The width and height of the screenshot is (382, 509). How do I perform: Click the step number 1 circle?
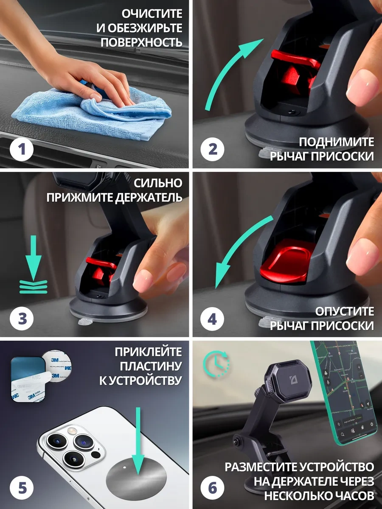(x=22, y=149)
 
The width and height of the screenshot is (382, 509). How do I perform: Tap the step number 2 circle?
(x=212, y=149)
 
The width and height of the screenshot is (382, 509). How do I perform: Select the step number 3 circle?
(x=22, y=319)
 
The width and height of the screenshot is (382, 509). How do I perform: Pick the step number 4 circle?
(x=212, y=319)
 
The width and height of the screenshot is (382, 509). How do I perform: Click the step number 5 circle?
(x=22, y=488)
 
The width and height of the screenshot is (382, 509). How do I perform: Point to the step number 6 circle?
(x=212, y=488)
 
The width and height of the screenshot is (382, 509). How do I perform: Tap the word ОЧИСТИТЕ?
(x=152, y=14)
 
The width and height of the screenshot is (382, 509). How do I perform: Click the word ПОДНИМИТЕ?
(x=336, y=142)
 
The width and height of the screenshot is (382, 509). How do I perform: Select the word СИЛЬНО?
(x=158, y=183)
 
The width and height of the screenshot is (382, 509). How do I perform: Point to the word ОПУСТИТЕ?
(x=344, y=311)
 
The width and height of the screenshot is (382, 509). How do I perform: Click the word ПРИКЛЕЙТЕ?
(x=149, y=352)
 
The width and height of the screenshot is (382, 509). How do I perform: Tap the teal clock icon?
(x=216, y=364)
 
